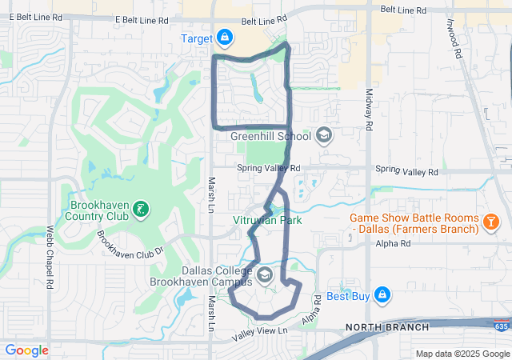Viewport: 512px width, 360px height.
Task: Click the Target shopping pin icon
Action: pyautogui.click(x=226, y=38)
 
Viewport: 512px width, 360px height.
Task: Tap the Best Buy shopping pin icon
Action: pyautogui.click(x=382, y=295)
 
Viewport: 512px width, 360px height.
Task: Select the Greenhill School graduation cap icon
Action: pyautogui.click(x=323, y=135)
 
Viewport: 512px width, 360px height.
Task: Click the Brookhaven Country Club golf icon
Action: pyautogui.click(x=141, y=210)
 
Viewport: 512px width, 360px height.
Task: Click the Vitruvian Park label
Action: pyautogui.click(x=267, y=220)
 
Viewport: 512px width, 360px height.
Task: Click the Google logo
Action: pyautogui.click(x=26, y=350)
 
